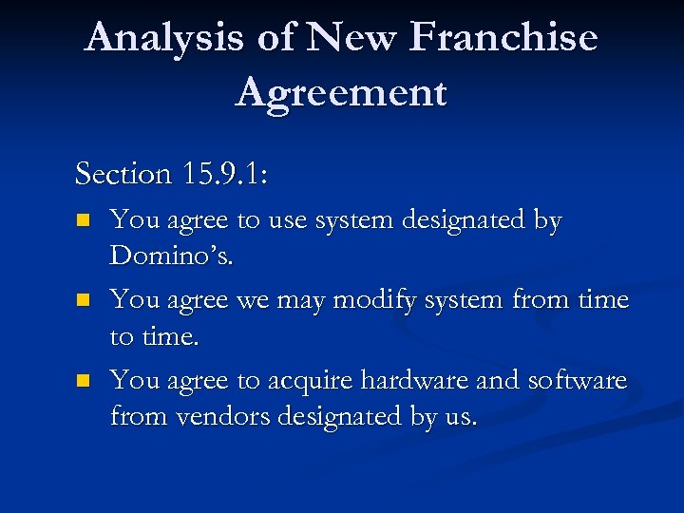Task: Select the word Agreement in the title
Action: (341, 93)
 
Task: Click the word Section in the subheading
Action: (122, 174)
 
